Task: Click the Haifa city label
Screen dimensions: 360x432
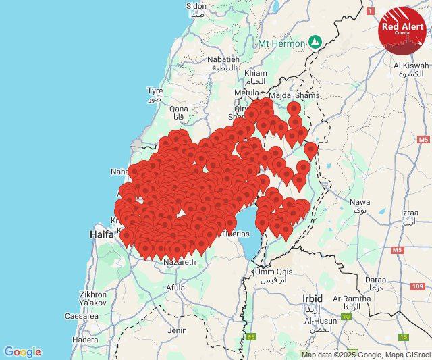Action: (x=102, y=234)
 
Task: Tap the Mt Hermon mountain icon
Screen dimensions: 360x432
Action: (x=315, y=42)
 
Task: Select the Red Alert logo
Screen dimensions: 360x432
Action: (x=402, y=28)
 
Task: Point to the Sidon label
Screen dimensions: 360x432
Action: (x=196, y=6)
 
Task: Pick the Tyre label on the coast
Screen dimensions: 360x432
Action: (x=155, y=91)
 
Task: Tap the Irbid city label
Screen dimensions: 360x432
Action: (x=313, y=298)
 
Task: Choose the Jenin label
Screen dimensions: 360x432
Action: (x=177, y=330)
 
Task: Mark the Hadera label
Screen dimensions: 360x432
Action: (x=85, y=340)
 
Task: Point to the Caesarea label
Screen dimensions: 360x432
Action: (x=82, y=315)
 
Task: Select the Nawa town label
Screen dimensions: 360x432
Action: (x=360, y=202)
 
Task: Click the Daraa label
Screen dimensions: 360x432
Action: (x=376, y=279)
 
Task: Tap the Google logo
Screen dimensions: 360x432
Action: (x=22, y=352)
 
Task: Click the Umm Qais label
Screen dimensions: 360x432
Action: (x=273, y=272)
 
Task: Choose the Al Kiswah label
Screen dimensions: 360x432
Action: (x=411, y=66)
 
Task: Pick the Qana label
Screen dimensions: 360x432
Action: (x=179, y=109)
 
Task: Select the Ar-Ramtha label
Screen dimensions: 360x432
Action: (x=352, y=298)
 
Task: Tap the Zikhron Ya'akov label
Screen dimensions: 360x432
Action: (x=92, y=299)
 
